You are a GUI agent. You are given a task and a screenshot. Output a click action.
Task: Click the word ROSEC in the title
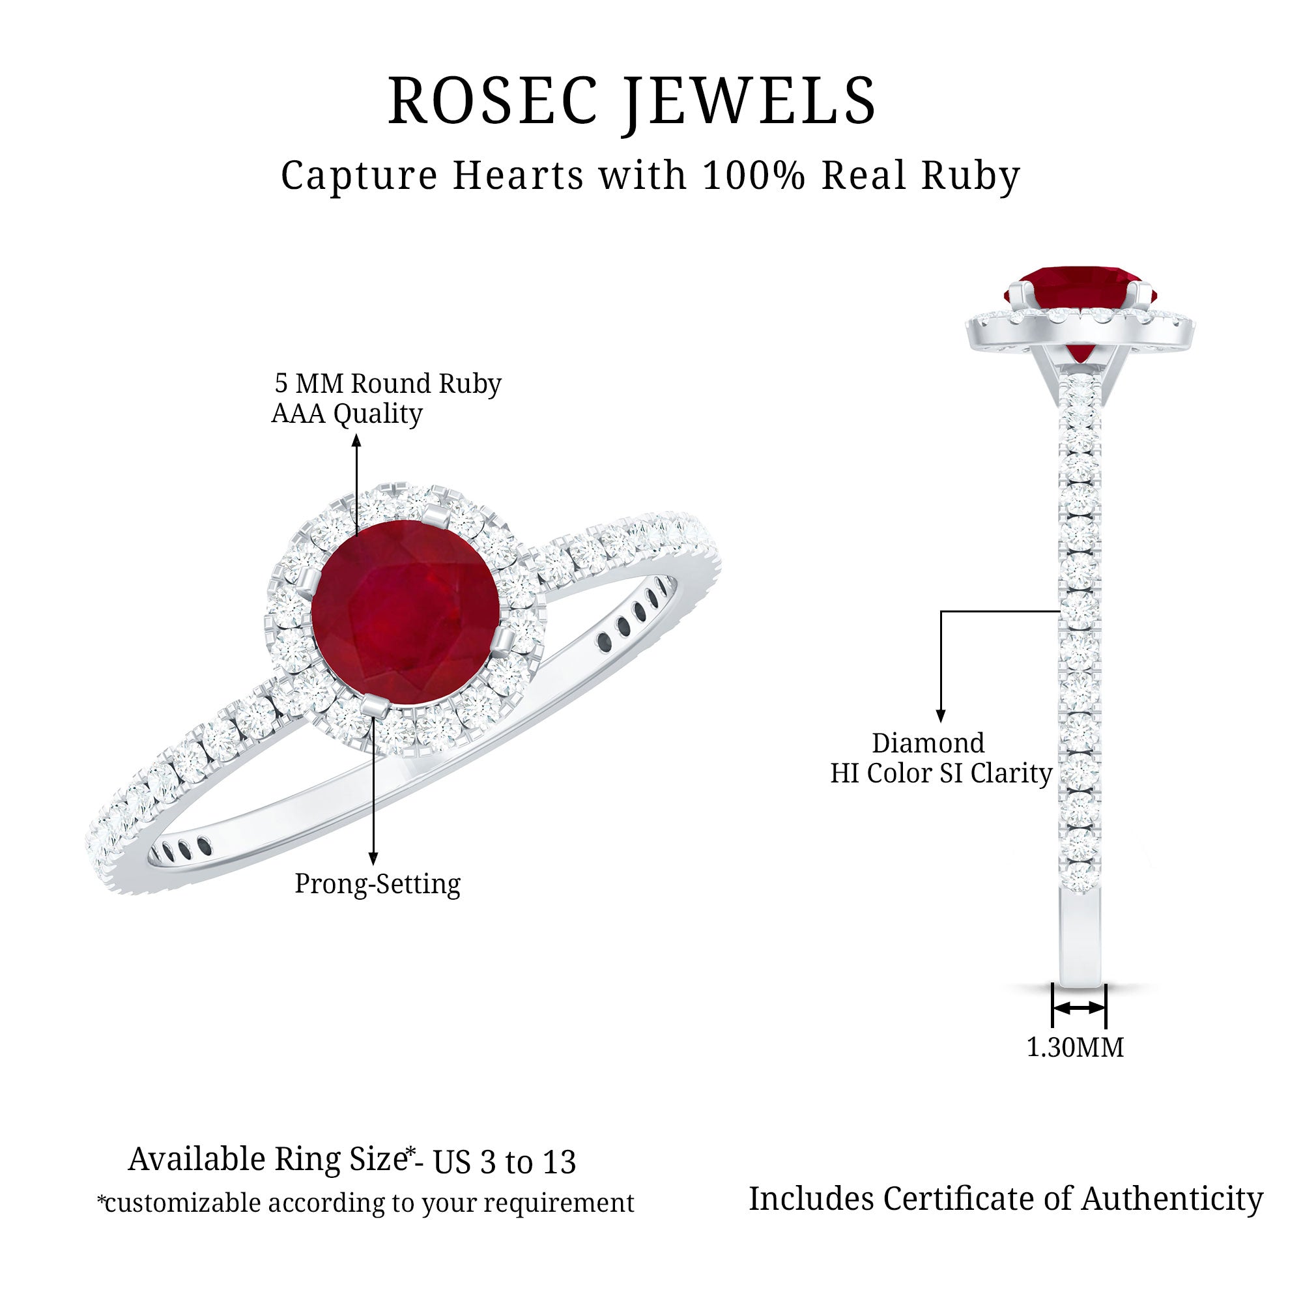point(483,100)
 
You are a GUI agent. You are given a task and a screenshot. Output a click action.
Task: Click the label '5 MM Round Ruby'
point(388,383)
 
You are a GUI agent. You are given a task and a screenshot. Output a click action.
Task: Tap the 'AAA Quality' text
point(347,414)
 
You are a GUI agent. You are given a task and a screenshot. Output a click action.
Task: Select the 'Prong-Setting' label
point(378,883)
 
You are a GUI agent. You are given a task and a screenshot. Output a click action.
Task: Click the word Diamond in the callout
point(928,743)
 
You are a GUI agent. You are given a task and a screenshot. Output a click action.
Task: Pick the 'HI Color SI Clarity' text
point(941,773)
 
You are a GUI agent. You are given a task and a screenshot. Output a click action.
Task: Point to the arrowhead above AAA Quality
point(356,440)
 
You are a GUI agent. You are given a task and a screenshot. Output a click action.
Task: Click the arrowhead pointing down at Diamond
point(941,716)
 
